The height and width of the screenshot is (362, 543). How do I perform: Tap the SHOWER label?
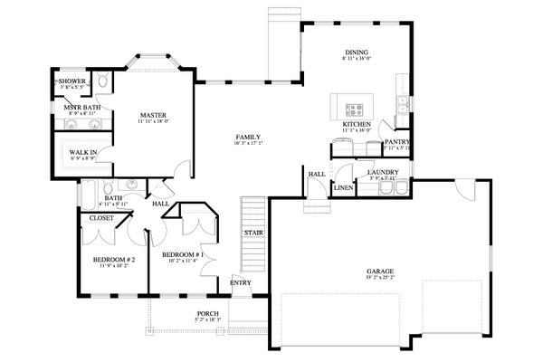72,81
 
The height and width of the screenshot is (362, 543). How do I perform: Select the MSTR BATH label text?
80,107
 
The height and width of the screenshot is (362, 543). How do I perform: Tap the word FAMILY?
248,136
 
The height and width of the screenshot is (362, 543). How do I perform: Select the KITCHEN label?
357,123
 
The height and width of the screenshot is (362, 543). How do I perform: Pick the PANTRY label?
397,141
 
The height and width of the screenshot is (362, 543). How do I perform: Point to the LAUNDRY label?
383,171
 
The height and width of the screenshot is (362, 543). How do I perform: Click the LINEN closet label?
343,187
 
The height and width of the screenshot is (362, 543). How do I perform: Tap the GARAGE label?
380,271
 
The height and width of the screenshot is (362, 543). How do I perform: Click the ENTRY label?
241,283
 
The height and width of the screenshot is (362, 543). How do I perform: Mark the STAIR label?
252,233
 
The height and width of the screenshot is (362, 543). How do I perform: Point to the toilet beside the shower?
103,83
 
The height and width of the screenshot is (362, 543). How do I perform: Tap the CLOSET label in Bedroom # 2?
100,217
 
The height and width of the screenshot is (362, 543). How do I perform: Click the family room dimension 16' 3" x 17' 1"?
248,143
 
